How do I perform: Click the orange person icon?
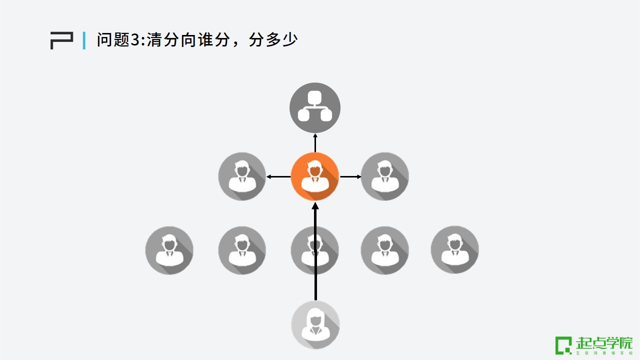tap(315, 176)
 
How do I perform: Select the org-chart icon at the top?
tap(315, 107)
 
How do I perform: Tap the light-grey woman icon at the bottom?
tap(315, 324)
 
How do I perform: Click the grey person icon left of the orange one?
tap(242, 176)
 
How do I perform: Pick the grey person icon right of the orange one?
tap(385, 176)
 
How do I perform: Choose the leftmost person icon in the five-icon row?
tap(169, 250)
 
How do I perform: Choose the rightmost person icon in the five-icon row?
tap(455, 250)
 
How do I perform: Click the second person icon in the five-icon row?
tap(242, 250)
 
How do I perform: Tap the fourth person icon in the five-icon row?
tap(385, 250)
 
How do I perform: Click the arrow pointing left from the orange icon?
tap(278, 176)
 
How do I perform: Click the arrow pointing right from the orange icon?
tap(350, 176)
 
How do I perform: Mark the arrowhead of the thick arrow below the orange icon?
tap(315, 205)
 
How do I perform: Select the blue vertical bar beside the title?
tap(84, 40)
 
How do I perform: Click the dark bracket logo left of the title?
tap(61, 40)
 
